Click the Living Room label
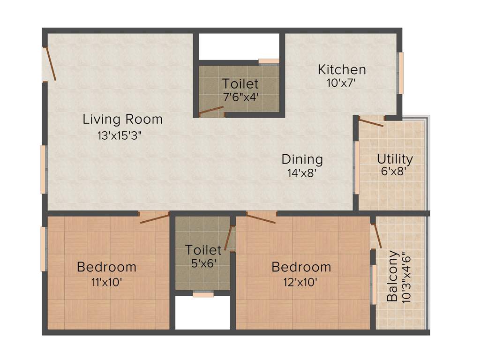click(x=123, y=119)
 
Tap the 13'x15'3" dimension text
click(x=120, y=136)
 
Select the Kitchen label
click(x=342, y=70)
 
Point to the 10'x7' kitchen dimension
click(x=342, y=83)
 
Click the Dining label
click(x=302, y=159)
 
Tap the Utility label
click(x=395, y=159)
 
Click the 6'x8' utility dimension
click(x=393, y=171)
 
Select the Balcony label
click(x=392, y=277)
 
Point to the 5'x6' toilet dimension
click(x=203, y=263)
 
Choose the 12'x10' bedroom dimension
click(x=301, y=282)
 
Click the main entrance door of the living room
click(x=49, y=64)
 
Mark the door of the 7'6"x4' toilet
click(x=211, y=111)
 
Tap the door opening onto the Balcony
click(x=377, y=236)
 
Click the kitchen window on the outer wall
click(x=401, y=73)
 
